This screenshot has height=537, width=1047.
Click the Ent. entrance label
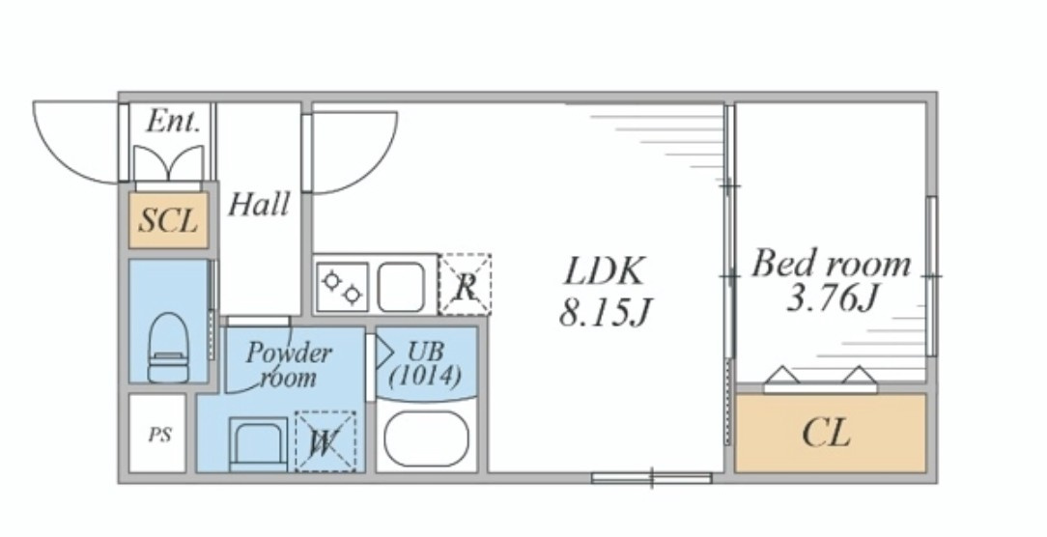(173, 122)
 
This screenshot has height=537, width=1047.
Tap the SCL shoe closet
(169, 220)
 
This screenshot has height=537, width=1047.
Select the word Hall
(259, 204)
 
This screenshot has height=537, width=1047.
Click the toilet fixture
(168, 348)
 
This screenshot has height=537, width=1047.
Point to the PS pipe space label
(159, 436)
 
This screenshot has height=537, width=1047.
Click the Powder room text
(288, 365)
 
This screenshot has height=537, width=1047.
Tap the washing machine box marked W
(325, 441)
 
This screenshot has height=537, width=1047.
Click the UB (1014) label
(425, 364)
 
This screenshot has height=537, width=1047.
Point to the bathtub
(427, 438)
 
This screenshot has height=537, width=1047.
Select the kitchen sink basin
(401, 287)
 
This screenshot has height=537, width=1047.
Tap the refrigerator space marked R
(466, 285)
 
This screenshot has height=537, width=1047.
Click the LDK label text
(605, 271)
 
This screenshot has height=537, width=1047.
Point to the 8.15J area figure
(605, 311)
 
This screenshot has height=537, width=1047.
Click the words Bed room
(832, 264)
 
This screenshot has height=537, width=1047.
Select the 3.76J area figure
(831, 298)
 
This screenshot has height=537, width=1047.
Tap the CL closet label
(827, 433)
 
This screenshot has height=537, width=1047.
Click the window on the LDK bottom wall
(652, 477)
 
